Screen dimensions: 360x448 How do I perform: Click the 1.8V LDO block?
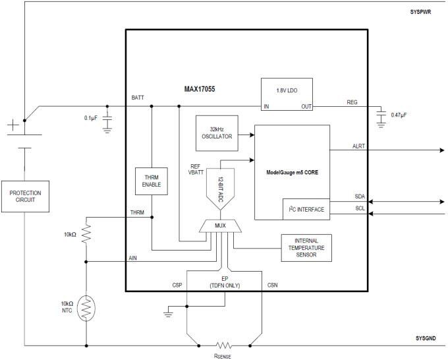(286, 96)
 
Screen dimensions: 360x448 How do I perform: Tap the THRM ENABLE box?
(151, 180)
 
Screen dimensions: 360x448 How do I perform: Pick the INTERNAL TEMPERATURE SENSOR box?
(306, 248)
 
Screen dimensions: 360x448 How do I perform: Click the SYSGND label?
(426, 338)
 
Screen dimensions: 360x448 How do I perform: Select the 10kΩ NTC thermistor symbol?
(86, 308)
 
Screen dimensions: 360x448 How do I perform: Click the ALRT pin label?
(360, 146)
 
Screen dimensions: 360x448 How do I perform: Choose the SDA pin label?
(360, 196)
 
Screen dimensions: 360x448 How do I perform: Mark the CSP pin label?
(177, 285)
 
